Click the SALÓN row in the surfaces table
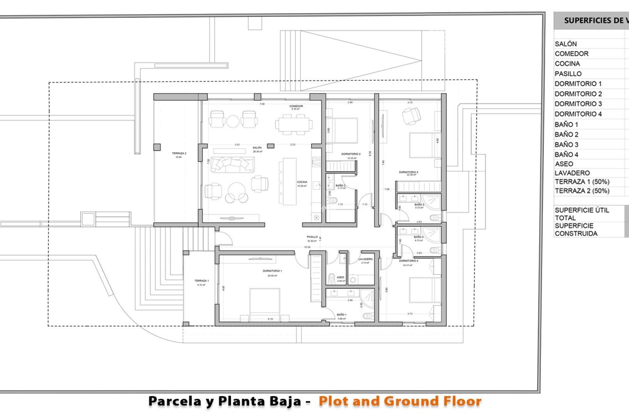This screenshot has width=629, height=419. coord(566,44)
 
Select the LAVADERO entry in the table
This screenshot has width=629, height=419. coord(572,173)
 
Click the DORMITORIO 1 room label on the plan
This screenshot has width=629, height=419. coord(272,271)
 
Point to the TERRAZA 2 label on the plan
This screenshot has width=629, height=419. coord(179,153)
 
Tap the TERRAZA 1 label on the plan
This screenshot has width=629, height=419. coord(201,281)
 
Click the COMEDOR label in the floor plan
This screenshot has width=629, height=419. coord(296,106)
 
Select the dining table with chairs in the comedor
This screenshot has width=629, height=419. coord(294,124)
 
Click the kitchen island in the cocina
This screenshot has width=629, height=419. coord(290,182)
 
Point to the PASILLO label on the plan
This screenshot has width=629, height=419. coord(312,237)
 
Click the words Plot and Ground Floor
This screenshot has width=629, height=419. coord(400,401)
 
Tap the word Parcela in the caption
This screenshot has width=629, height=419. coord(175,401)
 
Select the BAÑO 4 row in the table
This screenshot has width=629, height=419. coord(566,155)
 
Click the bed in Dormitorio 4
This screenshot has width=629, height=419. coord(425,290)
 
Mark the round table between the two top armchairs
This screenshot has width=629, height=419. coord(233,121)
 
